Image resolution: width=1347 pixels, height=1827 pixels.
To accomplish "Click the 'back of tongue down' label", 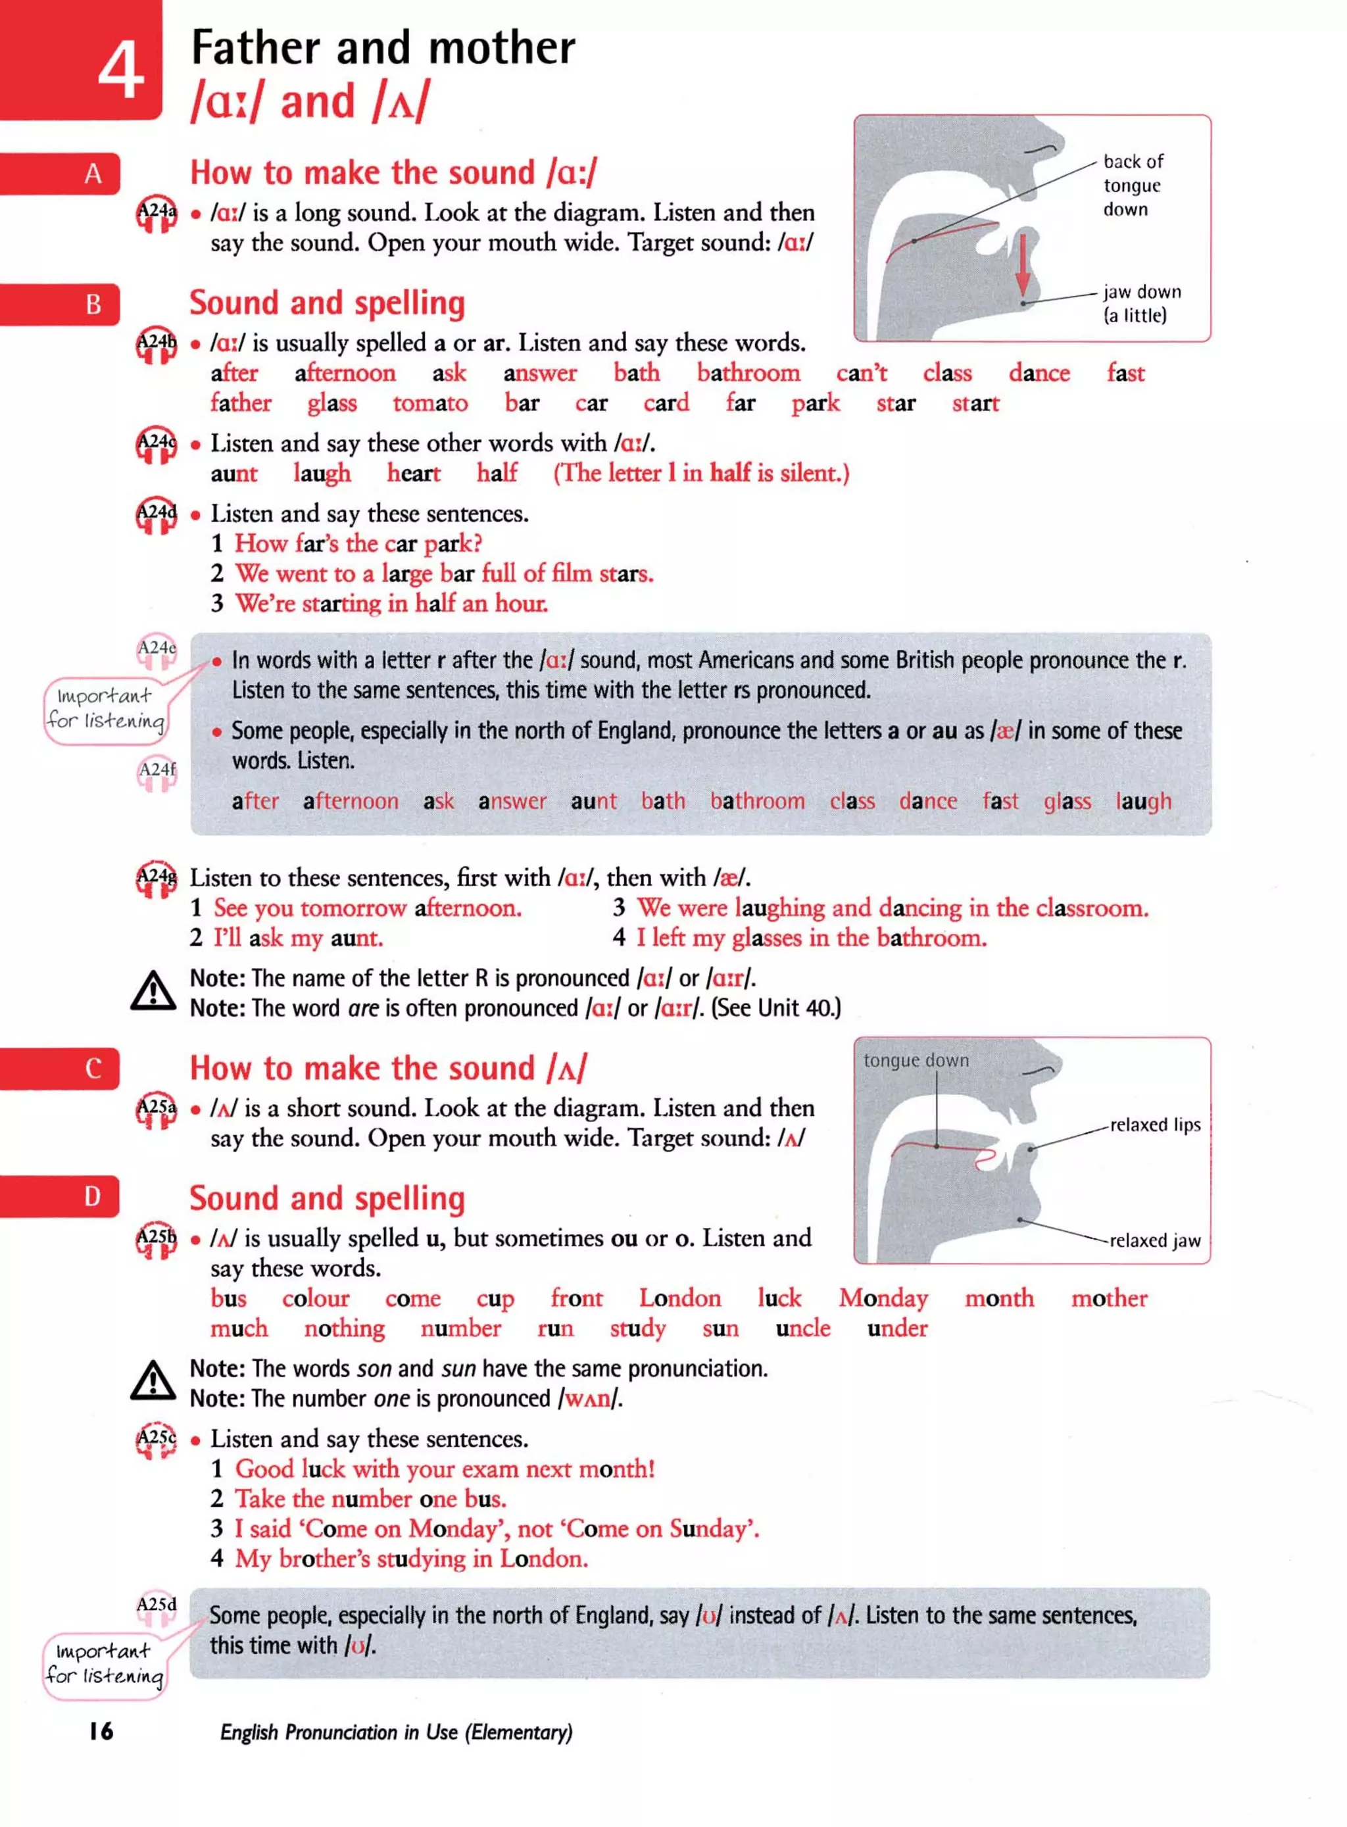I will [1133, 185].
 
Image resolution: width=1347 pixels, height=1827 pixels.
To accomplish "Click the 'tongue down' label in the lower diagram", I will [916, 1060].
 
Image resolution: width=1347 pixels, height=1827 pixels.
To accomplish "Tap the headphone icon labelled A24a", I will [156, 214].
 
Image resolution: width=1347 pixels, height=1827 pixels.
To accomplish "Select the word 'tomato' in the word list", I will [429, 402].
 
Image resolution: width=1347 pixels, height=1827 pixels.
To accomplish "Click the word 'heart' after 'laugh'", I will [414, 473].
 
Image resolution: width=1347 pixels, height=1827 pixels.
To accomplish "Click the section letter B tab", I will [93, 304].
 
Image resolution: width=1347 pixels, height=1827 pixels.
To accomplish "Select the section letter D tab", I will [93, 1196].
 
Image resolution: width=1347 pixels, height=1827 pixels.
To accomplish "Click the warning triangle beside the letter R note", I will [153, 990].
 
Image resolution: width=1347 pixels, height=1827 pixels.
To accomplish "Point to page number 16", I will [101, 1731].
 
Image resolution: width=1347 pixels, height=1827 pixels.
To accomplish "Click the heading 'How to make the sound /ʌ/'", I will [387, 1068].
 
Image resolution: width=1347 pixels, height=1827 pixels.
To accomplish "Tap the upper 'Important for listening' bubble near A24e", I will [105, 708].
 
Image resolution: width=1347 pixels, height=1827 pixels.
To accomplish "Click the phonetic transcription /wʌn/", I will [589, 1399].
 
